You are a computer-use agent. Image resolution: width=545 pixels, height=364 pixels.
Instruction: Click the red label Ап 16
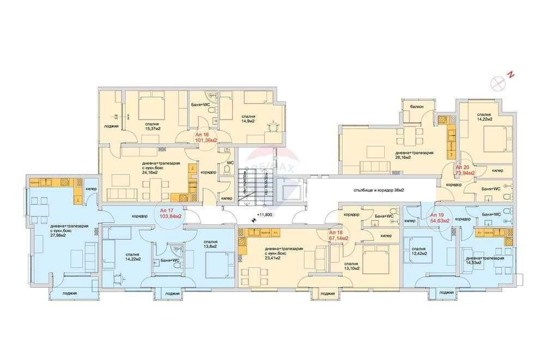[x=203, y=134]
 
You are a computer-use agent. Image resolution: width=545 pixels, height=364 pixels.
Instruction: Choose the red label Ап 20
[x=463, y=166]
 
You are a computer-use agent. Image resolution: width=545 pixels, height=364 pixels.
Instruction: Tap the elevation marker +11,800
[x=264, y=215]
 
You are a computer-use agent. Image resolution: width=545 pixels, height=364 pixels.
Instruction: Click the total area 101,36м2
[x=207, y=140]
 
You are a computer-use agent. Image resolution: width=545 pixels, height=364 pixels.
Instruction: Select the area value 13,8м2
[x=209, y=247]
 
